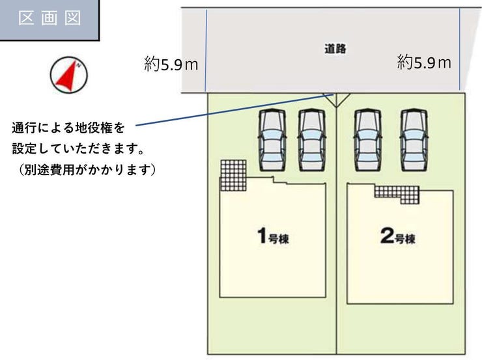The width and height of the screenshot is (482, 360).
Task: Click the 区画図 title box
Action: point(49,20)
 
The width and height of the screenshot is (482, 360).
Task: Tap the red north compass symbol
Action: point(68,75)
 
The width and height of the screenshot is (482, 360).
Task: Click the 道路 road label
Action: point(335,49)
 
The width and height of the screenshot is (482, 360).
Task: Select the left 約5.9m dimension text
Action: point(171,64)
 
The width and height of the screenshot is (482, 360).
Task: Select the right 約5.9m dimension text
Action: point(424,62)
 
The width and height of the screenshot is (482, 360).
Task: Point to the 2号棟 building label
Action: point(397,236)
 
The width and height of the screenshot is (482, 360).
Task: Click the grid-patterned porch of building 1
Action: point(233,174)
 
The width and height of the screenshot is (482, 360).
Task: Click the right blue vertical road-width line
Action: point(459,49)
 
